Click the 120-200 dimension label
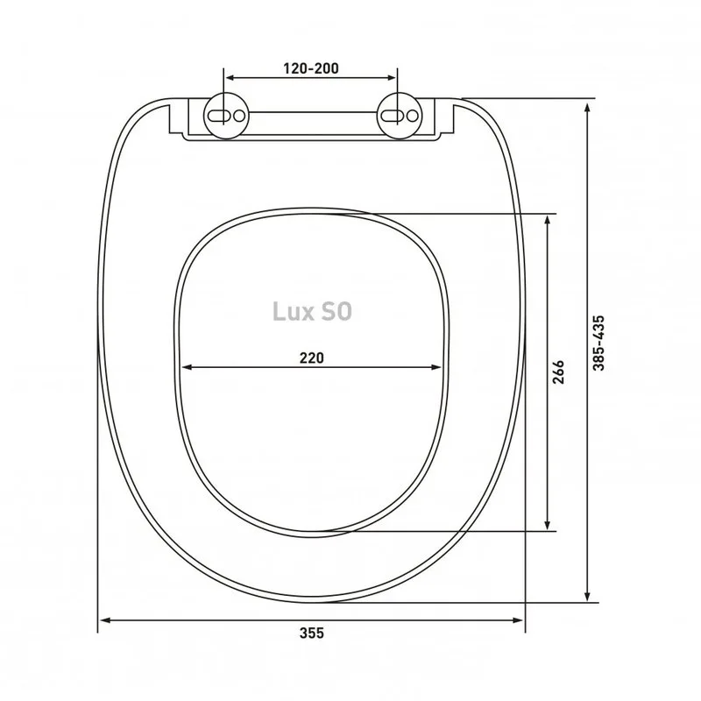(311, 68)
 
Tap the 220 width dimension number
(311, 358)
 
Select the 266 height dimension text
(558, 372)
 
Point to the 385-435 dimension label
(598, 343)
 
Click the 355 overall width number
(312, 633)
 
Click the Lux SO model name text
(312, 312)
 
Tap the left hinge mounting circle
(226, 116)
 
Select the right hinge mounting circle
(400, 116)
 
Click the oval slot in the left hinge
(219, 116)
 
